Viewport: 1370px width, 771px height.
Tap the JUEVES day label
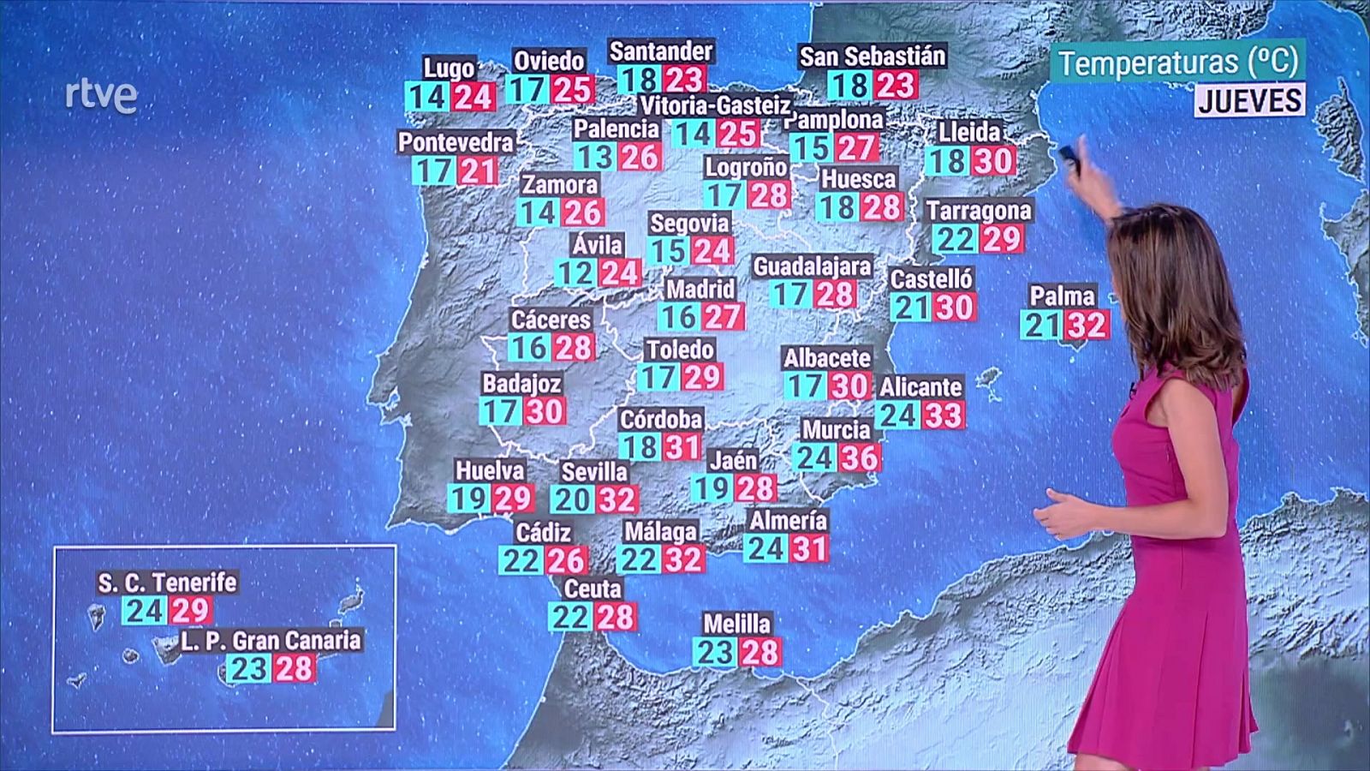1250,100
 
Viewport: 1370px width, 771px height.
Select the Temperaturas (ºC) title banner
1178,62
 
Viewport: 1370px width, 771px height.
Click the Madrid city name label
700,289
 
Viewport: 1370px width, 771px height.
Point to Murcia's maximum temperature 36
859,457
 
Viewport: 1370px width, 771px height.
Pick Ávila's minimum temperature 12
575,274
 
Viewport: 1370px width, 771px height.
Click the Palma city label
1062,296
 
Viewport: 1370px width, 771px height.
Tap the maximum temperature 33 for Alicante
943,415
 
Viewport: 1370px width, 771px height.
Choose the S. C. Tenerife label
167,583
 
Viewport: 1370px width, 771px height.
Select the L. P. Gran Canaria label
271,640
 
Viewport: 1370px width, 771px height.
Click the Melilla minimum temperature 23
714,653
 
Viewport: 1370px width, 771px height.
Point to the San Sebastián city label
872,57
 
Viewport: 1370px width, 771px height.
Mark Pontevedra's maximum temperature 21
477,171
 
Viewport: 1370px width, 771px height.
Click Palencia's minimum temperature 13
594,158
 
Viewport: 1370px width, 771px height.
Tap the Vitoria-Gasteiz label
716,105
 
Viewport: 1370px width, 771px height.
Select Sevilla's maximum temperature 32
616,499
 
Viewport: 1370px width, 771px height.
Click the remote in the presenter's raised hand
1069,154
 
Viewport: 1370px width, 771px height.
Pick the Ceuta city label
593,589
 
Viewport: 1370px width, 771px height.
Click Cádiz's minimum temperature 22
521,561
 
